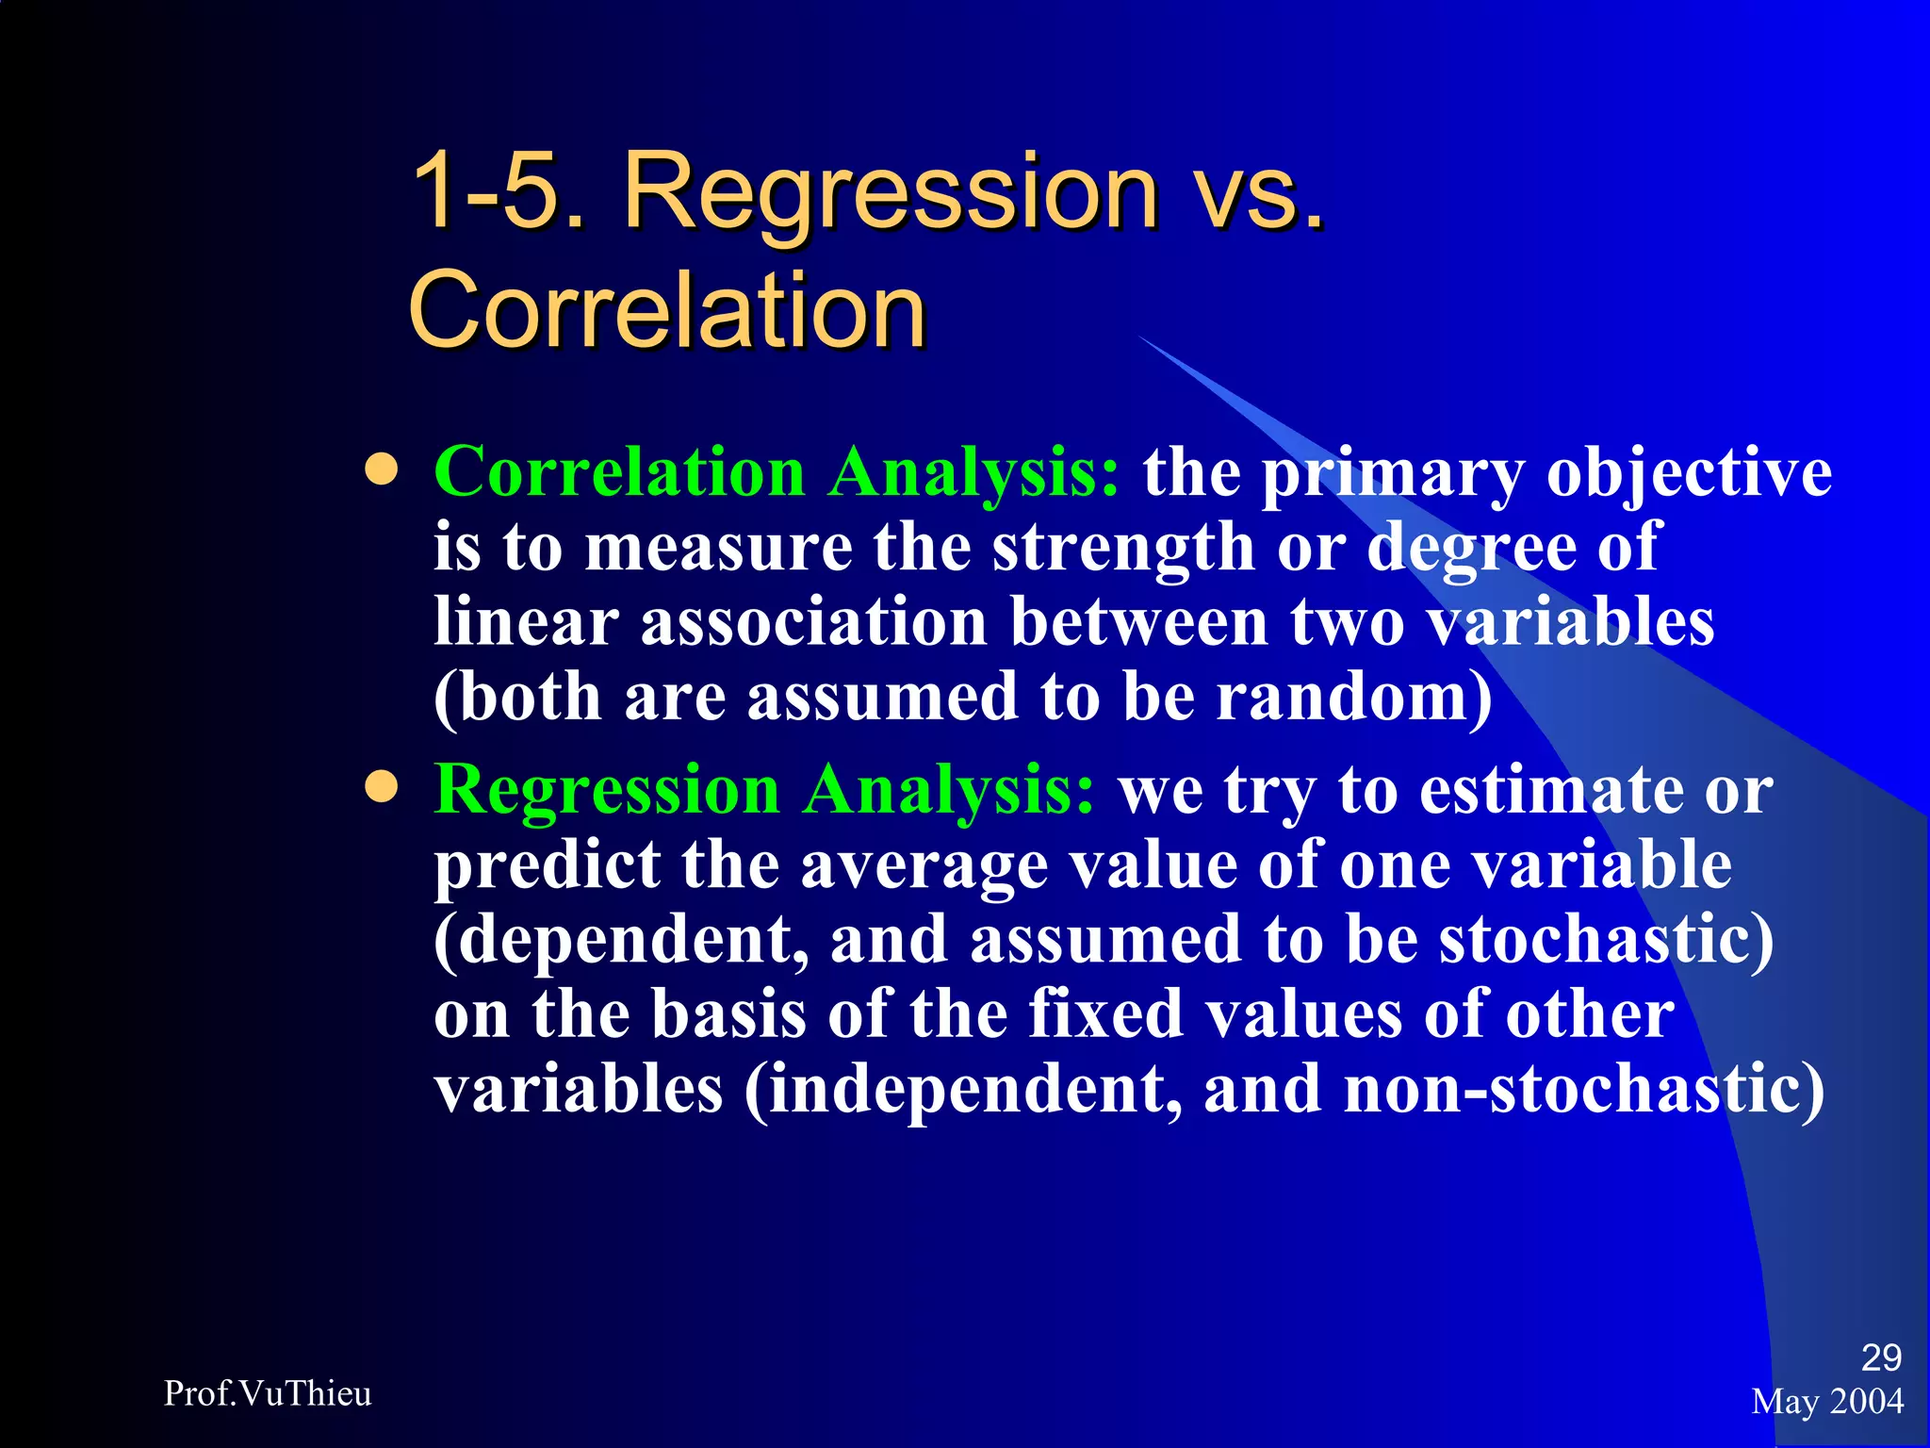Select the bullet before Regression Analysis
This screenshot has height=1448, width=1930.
click(382, 787)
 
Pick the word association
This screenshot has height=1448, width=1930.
click(813, 622)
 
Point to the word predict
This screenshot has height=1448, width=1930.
click(548, 865)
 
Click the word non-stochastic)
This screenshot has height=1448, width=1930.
click(1583, 1091)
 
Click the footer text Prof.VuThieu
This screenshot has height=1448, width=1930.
click(268, 1393)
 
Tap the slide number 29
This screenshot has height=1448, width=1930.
click(1881, 1357)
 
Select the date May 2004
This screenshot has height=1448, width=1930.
click(1827, 1402)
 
